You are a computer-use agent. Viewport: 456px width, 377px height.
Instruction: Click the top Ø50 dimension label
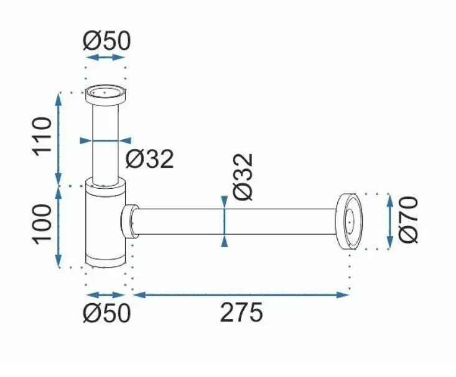pyautogui.click(x=107, y=40)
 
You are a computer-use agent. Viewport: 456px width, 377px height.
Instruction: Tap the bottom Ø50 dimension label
pyautogui.click(x=107, y=313)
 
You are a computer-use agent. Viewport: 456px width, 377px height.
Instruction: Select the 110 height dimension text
pyautogui.click(x=43, y=137)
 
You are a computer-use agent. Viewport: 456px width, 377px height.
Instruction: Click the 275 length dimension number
pyautogui.click(x=241, y=312)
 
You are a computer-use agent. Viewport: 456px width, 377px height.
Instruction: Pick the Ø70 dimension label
pyautogui.click(x=408, y=220)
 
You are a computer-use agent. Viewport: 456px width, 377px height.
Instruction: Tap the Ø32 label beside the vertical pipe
pyautogui.click(x=150, y=158)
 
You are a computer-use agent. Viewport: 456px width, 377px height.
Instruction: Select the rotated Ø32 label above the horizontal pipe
pyautogui.click(x=243, y=177)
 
